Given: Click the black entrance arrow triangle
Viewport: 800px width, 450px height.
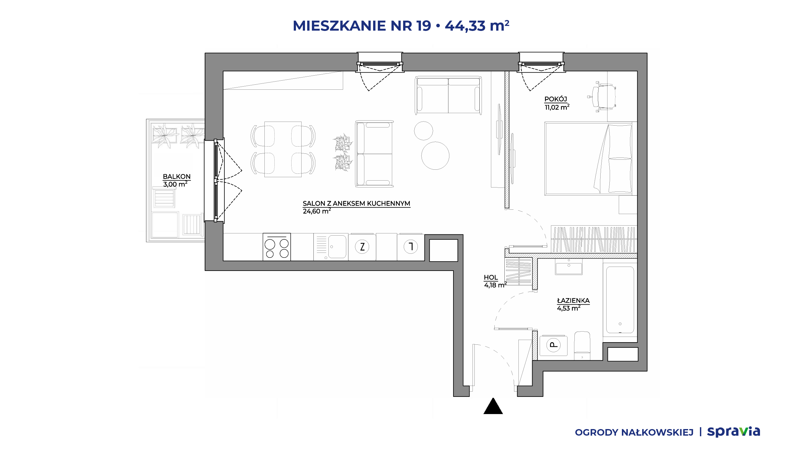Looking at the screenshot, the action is [x=493, y=406].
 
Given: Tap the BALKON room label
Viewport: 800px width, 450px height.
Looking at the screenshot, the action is [x=177, y=177].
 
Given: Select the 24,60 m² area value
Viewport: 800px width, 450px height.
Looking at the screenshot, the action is [x=317, y=211].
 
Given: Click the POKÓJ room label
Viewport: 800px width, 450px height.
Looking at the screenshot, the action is [x=556, y=99].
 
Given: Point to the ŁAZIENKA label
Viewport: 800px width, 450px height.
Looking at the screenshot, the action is [x=573, y=300].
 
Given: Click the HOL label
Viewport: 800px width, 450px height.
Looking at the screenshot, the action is [x=491, y=277].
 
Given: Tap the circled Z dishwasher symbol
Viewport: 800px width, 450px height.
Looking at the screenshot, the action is [x=362, y=247].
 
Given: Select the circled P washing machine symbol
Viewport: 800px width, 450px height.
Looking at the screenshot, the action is [x=553, y=345].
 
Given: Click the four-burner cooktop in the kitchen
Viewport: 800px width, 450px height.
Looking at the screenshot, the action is [x=277, y=247].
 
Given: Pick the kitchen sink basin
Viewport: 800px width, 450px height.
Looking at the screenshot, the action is [x=337, y=247].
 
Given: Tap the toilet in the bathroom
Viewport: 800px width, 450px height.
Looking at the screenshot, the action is [x=582, y=346].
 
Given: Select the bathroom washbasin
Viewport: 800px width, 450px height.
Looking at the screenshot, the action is [x=569, y=267].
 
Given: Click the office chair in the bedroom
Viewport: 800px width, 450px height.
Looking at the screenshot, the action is [x=603, y=97].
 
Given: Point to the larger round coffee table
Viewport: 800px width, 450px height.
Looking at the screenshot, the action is [x=435, y=156].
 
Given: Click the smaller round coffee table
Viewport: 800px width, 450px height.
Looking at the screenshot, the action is [x=423, y=131].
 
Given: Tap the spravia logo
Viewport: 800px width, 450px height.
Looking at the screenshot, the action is [x=734, y=432].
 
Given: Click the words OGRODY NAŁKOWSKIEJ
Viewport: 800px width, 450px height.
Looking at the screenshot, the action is [x=634, y=432].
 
